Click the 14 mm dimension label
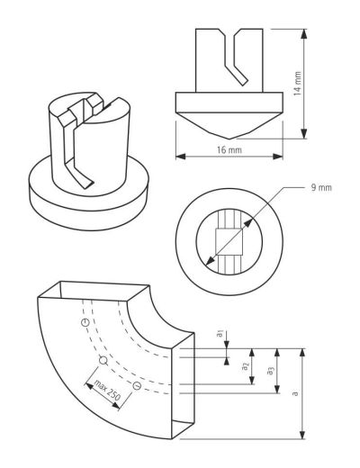pyautogui.click(x=298, y=84)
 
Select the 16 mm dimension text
pyautogui.click(x=229, y=149)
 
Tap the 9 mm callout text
pyautogui.click(x=321, y=188)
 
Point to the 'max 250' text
pyautogui.click(x=107, y=390)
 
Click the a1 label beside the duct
pyautogui.click(x=220, y=333)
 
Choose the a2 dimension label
pyautogui.click(x=246, y=366)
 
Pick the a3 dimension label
pyautogui.click(x=270, y=371)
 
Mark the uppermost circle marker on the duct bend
pyautogui.click(x=85, y=322)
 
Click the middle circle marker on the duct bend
pyautogui.click(x=103, y=360)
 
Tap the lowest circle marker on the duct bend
pyautogui.click(x=137, y=385)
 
